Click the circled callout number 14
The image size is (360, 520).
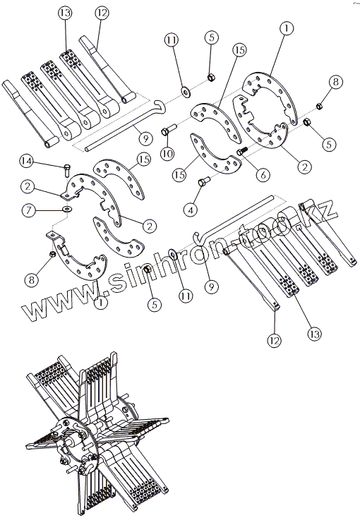pos(27,162)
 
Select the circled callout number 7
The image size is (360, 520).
pos(28,210)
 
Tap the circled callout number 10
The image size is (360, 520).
pos(167,154)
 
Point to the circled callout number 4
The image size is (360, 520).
pos(191,210)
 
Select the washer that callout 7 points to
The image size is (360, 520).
pos(68,210)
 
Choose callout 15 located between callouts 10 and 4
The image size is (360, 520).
pos(179,174)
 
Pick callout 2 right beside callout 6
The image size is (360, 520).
pos(304,167)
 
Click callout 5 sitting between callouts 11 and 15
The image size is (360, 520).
pos(211,37)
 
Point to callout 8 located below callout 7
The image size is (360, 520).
pos(32,279)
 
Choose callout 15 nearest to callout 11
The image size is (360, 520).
pos(239,50)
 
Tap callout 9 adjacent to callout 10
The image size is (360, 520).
pos(145,138)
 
